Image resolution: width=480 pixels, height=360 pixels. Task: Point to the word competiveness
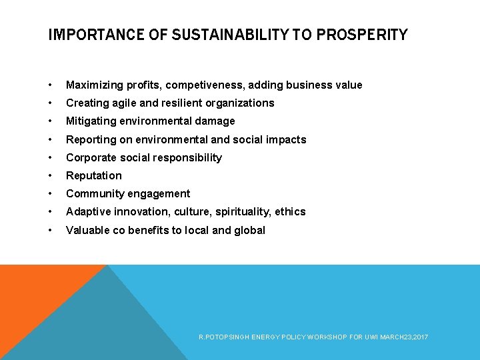pos(203,85)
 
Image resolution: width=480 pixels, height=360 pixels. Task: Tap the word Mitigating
pos(90,121)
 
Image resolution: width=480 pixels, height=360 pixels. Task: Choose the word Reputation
pos(94,176)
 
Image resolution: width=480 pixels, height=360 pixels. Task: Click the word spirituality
pos(240,212)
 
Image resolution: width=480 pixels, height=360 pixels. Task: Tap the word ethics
pos(291,212)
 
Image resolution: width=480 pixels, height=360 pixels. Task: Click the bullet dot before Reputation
pos(51,176)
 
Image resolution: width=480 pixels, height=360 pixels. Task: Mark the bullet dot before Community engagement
pos(51,194)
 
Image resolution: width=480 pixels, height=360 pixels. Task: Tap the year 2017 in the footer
pos(421,338)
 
